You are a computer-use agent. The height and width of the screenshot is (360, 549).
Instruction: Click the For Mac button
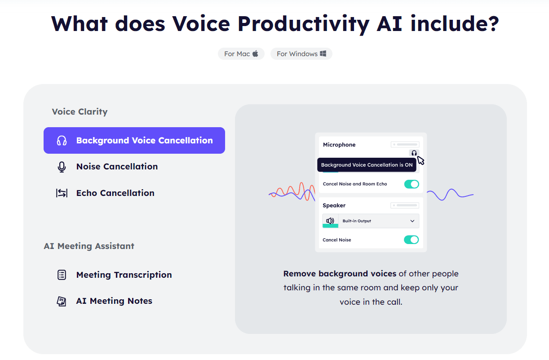[241, 54]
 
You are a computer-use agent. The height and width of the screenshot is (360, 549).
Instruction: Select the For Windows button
[301, 54]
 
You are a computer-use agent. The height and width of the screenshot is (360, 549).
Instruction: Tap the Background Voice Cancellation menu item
[134, 141]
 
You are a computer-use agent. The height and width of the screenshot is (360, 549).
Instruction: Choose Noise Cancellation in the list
[117, 167]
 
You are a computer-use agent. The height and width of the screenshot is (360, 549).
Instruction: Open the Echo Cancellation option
[115, 193]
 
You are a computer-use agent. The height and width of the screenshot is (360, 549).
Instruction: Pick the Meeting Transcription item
[124, 275]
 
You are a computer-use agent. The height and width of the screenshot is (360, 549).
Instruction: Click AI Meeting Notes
[114, 301]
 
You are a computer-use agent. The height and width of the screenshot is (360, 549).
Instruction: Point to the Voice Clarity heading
[80, 112]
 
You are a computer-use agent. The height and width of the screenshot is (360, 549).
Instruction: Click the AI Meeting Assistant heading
[89, 246]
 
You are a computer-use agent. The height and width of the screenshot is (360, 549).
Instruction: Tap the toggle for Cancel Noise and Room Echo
[412, 184]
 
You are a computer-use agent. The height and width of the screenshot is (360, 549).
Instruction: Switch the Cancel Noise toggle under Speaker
[412, 240]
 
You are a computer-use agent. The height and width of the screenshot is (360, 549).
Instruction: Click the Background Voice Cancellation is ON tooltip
[367, 165]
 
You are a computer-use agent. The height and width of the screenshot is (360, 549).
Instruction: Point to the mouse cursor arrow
[421, 160]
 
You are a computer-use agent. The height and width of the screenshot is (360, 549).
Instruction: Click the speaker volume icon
[330, 221]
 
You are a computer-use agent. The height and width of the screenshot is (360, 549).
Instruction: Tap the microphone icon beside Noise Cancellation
[62, 167]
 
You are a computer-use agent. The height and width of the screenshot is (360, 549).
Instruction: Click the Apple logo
[255, 54]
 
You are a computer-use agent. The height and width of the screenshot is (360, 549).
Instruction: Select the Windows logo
[323, 54]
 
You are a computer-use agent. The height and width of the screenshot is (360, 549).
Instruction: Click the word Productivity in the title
[302, 23]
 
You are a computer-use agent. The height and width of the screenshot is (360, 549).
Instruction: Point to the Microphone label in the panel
[339, 145]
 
